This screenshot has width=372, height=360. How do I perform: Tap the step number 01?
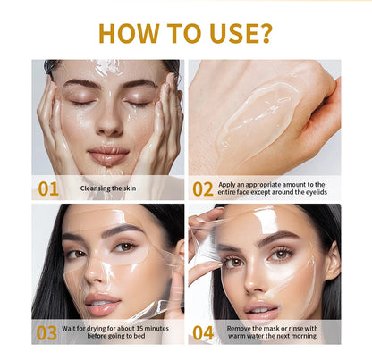coord(47,188)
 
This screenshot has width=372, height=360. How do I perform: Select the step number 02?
coord(203,188)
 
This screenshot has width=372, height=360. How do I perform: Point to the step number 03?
coord(46,332)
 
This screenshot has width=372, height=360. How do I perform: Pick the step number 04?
coord(203,332)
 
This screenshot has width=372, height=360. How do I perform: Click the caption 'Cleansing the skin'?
coord(109,188)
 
